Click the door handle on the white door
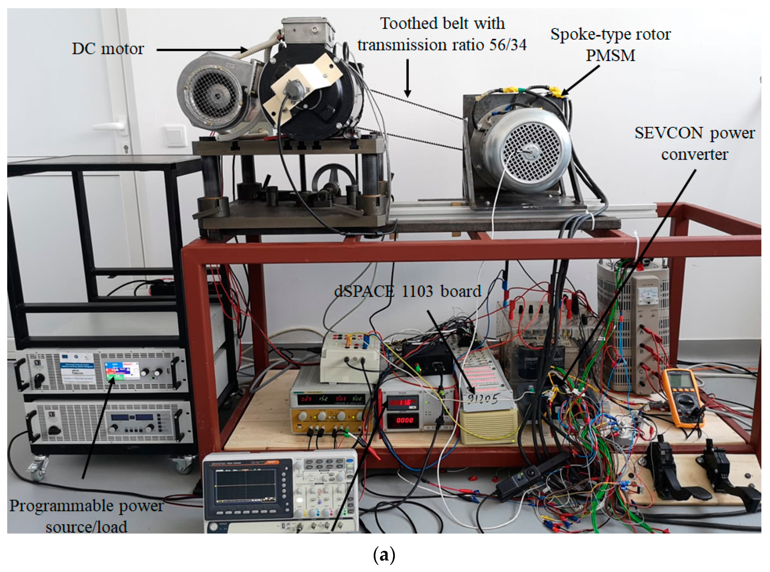tap(111, 125)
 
